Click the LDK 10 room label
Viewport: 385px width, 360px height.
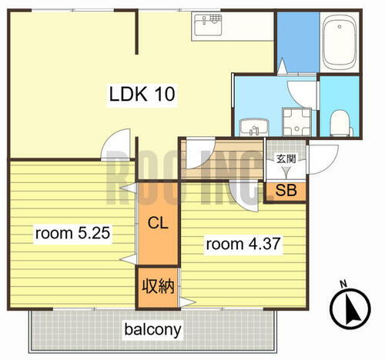142,94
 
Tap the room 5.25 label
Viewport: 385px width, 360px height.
72,233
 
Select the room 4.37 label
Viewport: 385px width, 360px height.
243,244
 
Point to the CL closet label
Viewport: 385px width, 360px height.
158,223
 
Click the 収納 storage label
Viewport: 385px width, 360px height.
158,286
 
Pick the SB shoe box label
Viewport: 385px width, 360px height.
286,190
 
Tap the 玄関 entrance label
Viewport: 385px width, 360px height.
286,159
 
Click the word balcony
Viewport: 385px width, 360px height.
153,330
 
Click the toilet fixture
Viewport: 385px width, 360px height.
340,123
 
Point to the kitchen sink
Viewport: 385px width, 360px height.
208,25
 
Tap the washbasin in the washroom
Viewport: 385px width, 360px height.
254,127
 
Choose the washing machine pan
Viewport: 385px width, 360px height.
297,122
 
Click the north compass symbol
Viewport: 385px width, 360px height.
350,308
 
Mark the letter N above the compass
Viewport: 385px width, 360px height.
343,284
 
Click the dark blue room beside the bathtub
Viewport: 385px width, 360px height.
298,42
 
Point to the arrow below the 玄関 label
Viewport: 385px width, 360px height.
286,172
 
